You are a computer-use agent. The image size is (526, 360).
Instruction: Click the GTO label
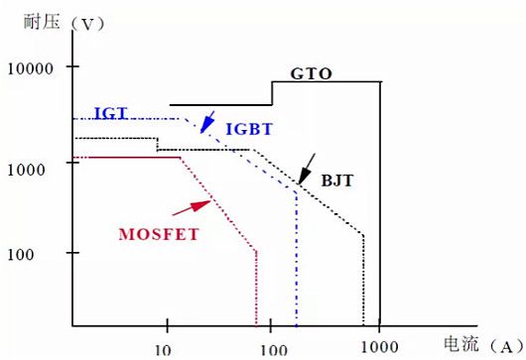pyautogui.click(x=311, y=73)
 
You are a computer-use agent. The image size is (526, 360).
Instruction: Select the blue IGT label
pyautogui.click(x=109, y=112)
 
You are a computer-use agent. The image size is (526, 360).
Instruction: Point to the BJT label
pyautogui.click(x=337, y=182)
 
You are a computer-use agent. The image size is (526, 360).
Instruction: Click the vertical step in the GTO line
pyautogui.click(x=272, y=92)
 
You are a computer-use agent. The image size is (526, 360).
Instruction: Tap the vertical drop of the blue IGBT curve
pyautogui.click(x=296, y=258)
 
